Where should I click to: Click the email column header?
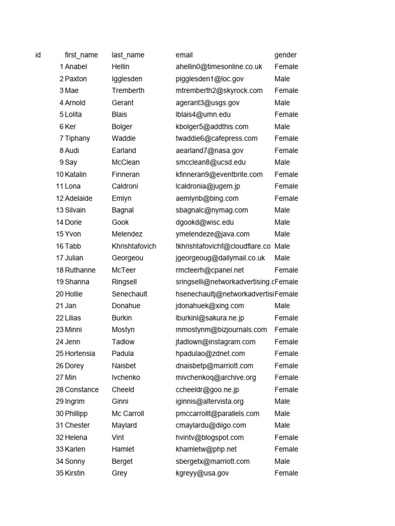(x=184, y=55)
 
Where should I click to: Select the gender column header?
(x=285, y=55)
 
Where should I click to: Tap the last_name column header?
(x=128, y=55)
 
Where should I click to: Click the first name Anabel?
(x=76, y=67)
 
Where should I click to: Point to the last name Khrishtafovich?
(x=134, y=246)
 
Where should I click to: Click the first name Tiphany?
(x=78, y=138)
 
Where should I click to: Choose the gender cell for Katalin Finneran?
(x=286, y=174)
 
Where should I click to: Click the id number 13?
(x=60, y=210)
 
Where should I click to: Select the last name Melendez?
(x=127, y=234)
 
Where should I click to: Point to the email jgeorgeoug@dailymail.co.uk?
(x=220, y=258)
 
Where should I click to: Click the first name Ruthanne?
(x=80, y=270)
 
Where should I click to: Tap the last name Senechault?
(x=130, y=294)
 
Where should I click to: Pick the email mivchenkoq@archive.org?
(x=216, y=378)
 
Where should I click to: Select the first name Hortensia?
(x=81, y=353)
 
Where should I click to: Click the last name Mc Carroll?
(x=128, y=414)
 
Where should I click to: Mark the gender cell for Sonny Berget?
(x=282, y=461)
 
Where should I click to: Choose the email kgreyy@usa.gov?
(x=202, y=473)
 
